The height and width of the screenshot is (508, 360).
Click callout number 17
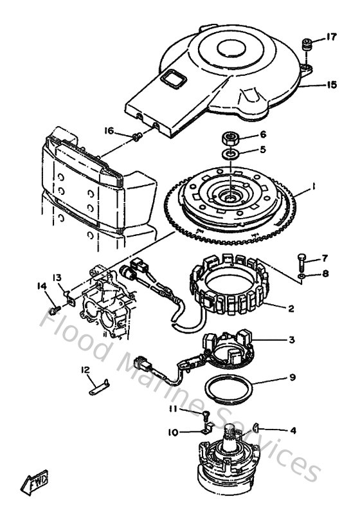tap(331, 37)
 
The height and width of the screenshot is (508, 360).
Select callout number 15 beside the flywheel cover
tap(331, 84)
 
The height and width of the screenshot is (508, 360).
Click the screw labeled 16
tap(137, 136)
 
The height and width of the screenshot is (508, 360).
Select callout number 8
tap(325, 273)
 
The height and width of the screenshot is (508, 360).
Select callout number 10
tap(174, 433)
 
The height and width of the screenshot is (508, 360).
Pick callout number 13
tap(57, 277)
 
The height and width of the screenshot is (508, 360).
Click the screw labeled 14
tap(55, 309)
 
